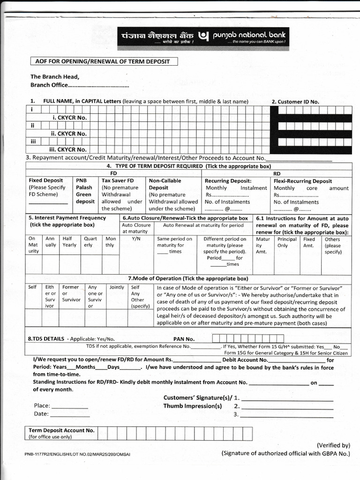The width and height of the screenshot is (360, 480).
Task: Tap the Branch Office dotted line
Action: pyautogui.click(x=98, y=86)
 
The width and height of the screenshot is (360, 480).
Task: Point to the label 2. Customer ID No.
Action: pyautogui.click(x=295, y=102)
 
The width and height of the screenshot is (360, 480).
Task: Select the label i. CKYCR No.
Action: pyautogui.click(x=70, y=118)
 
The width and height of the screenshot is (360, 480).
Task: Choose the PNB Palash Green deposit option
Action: pyautogui.click(x=84, y=191)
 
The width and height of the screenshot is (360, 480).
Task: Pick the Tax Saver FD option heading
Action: pyautogui.click(x=118, y=180)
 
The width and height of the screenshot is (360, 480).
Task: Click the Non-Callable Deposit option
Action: pyautogui.click(x=165, y=184)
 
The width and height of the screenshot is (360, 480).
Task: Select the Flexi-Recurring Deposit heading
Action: pyautogui.click(x=302, y=181)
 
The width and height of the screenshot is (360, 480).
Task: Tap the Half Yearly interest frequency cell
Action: pyautogui.click(x=69, y=242)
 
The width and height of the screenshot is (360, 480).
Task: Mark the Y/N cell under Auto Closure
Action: pyautogui.click(x=136, y=239)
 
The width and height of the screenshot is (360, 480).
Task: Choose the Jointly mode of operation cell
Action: pyautogui.click(x=116, y=287)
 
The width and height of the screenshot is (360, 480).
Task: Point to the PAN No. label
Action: pyautogui.click(x=183, y=339)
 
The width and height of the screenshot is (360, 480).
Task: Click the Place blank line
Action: pyautogui.click(x=69, y=406)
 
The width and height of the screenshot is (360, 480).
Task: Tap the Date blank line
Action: pyautogui.click(x=70, y=414)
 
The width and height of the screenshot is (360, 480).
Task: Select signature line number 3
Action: pyautogui.click(x=286, y=415)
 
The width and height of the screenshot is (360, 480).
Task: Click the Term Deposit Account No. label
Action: pyautogui.click(x=61, y=430)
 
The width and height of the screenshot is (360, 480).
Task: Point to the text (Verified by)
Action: pyautogui.click(x=333, y=445)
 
